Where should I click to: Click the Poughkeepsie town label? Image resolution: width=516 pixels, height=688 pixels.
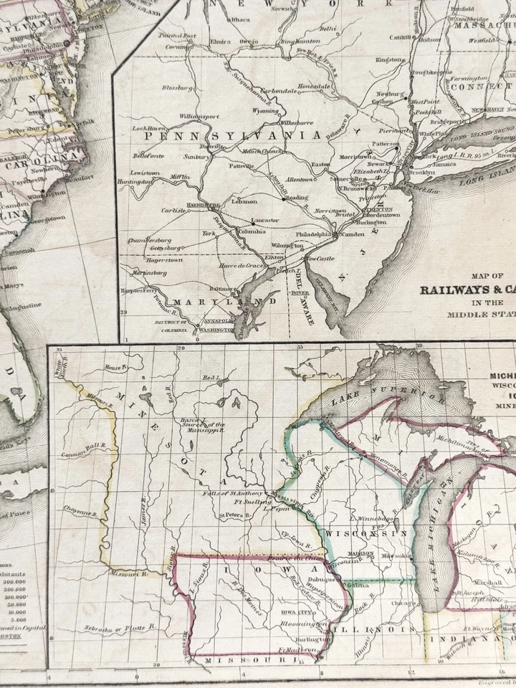429,72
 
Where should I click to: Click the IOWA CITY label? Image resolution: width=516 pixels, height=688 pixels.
296,613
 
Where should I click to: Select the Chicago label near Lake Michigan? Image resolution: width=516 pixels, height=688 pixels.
398,603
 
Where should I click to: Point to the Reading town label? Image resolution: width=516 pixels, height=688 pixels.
297,198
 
